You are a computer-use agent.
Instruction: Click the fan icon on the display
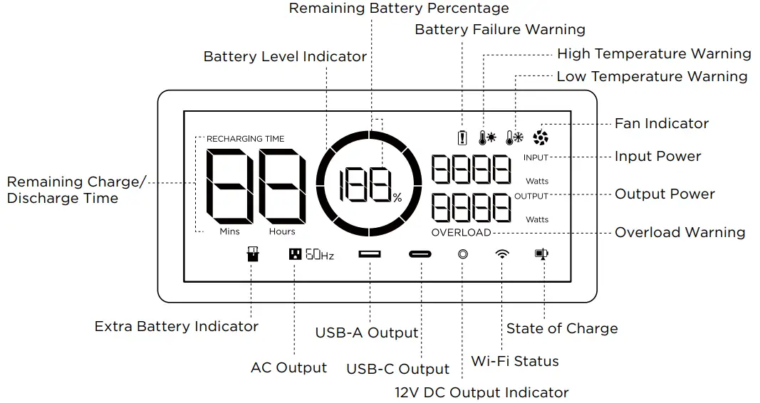[x=541, y=138]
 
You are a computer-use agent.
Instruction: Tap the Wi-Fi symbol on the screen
[x=503, y=254]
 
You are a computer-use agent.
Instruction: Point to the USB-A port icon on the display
[x=370, y=254]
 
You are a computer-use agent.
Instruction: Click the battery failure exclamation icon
[x=462, y=138]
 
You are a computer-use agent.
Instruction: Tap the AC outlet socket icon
[x=294, y=254]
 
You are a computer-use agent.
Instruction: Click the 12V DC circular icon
[x=463, y=254]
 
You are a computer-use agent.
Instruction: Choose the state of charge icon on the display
[x=543, y=253]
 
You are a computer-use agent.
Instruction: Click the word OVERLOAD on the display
[x=462, y=233]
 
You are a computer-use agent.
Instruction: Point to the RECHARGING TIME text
[x=245, y=139]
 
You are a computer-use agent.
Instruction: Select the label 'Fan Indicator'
[x=662, y=123]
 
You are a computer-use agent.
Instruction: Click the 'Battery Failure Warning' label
[x=500, y=29]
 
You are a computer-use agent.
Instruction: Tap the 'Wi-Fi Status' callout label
[x=515, y=361]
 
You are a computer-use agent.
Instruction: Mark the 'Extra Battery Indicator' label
[x=177, y=326]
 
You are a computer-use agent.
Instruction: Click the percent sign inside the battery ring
[x=397, y=198]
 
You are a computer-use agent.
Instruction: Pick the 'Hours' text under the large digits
[x=282, y=231]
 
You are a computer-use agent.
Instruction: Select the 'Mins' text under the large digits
[x=229, y=231]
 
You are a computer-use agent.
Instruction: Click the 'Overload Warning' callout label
[x=680, y=232]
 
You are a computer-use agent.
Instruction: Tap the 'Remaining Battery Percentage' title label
[x=399, y=9]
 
